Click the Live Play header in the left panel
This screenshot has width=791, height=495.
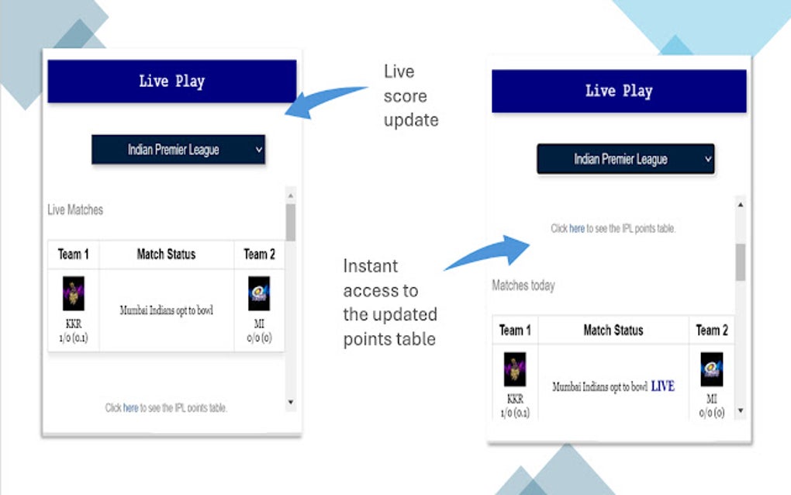171,81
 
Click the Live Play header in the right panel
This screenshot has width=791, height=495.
618,91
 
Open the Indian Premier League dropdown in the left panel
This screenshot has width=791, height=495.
178,150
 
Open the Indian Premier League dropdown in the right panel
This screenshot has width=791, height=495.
625,159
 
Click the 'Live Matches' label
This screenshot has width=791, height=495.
75,209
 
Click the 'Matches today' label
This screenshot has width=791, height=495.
523,286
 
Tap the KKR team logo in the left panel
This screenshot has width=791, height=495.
74,294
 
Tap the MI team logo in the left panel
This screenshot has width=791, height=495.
259,294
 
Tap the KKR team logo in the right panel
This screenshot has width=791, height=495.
515,369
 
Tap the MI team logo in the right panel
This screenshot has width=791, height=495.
711,369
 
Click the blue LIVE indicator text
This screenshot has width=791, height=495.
662,386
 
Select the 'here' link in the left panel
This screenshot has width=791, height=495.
130,407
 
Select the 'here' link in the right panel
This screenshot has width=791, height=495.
577,229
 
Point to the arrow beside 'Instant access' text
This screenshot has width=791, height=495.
489,252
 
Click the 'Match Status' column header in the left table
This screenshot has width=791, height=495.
166,254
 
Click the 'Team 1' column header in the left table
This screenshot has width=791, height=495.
74,254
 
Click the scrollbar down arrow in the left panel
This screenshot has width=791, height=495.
291,402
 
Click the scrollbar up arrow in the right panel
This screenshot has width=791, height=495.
740,205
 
